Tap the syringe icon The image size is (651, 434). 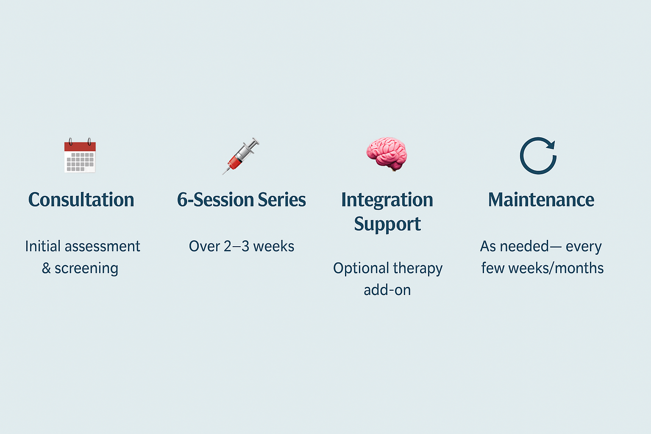241,156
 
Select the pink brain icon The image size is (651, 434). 387,154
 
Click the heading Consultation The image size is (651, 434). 81,200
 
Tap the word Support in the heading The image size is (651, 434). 387,224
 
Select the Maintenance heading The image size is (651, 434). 541,200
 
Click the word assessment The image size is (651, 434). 102,247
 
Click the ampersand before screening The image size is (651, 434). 46,268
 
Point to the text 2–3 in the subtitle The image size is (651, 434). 236,247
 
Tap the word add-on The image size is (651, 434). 387,290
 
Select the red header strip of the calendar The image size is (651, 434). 80,147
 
